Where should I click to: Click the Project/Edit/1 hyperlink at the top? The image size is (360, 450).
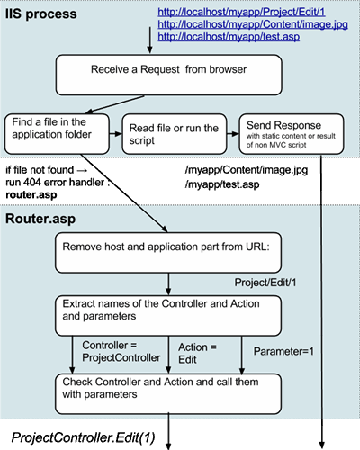[x=241, y=12]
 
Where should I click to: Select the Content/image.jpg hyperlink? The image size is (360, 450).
[x=253, y=24]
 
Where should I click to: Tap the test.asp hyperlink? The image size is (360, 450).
[x=229, y=37]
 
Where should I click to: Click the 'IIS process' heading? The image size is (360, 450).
[x=41, y=14]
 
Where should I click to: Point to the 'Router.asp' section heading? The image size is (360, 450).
[x=40, y=219]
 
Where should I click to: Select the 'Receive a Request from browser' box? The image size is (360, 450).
[x=168, y=75]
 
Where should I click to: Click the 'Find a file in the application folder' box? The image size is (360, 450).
[x=57, y=134]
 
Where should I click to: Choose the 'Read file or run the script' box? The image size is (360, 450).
[x=175, y=134]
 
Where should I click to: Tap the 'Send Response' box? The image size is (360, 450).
[x=292, y=134]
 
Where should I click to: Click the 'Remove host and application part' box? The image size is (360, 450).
[x=168, y=253]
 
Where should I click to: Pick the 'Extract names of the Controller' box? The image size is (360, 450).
[x=168, y=316]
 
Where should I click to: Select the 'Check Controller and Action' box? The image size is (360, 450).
[x=168, y=394]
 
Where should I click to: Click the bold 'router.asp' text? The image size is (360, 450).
[x=31, y=194]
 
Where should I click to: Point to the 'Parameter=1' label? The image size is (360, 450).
[x=283, y=351]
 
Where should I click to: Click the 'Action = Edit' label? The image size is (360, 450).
[x=197, y=353]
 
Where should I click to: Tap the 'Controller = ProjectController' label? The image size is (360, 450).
[x=121, y=351]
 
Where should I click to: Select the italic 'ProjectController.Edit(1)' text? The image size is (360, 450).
[x=83, y=437]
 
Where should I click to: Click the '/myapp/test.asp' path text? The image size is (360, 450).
[x=222, y=184]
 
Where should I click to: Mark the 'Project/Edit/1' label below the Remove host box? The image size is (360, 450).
[x=265, y=283]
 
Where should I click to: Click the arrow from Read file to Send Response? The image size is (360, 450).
[x=233, y=134]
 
